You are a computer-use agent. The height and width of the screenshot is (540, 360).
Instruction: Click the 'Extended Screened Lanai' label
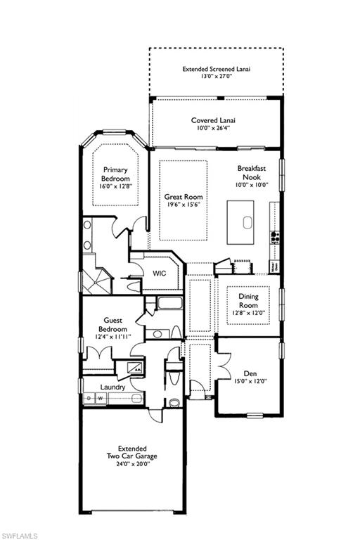click(217, 69)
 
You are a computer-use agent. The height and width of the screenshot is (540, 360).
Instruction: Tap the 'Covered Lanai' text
click(213, 120)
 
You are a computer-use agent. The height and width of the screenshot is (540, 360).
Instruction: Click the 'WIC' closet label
click(159, 274)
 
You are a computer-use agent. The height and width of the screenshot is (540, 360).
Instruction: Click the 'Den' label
click(250, 373)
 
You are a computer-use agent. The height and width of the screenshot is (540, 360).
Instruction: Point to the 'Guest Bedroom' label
click(112, 324)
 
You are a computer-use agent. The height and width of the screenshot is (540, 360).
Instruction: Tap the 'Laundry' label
click(112, 387)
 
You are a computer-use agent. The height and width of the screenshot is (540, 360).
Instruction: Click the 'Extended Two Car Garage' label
click(137, 452)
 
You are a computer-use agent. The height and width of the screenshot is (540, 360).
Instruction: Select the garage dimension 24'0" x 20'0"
click(137, 465)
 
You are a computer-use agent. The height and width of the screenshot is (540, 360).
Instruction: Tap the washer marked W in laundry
click(99, 399)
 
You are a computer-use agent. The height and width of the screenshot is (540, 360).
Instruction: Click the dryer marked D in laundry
click(89, 399)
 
